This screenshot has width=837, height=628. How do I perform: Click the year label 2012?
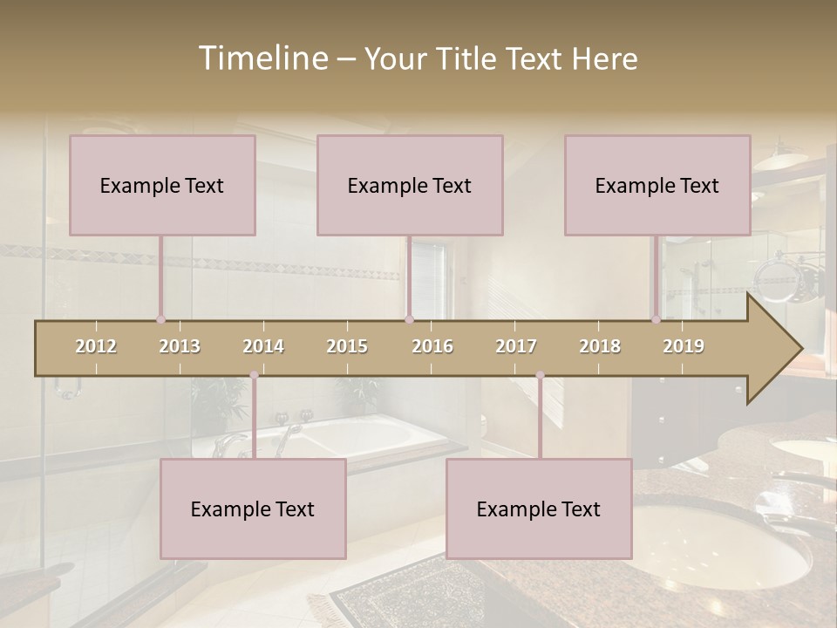[x=96, y=346]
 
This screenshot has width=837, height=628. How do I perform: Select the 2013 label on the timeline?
[x=180, y=346]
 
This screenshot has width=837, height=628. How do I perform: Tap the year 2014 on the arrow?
[x=263, y=346]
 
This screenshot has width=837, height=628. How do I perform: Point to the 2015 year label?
[x=347, y=346]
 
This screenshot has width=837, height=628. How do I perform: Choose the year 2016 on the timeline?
[x=432, y=346]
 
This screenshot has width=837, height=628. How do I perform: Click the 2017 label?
[x=516, y=346]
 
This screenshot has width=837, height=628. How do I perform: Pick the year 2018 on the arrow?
[x=600, y=346]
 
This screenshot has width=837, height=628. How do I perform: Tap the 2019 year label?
[x=684, y=346]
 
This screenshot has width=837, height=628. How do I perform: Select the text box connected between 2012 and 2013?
[x=162, y=185]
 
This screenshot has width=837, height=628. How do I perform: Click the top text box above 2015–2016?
[x=410, y=185]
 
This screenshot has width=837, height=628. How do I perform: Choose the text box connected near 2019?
[x=657, y=185]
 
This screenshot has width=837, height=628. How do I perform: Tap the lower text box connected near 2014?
[x=253, y=509]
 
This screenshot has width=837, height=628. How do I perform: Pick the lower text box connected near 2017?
[x=539, y=509]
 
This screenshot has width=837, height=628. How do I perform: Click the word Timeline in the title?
[x=262, y=58]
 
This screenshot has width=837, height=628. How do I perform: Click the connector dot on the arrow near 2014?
[x=254, y=375]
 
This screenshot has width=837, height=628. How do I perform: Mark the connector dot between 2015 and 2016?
[x=409, y=319]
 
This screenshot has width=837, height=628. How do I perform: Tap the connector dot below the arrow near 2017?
[x=540, y=375]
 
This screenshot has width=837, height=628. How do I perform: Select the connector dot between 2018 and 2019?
[x=656, y=319]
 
